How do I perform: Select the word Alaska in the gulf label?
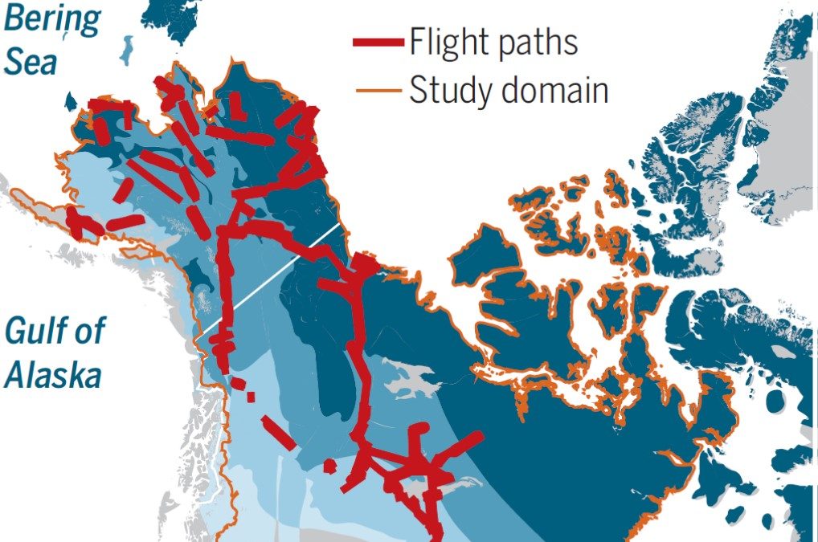[x=53, y=374]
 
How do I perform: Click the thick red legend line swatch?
[x=378, y=43]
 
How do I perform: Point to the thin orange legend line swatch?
[x=378, y=90]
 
